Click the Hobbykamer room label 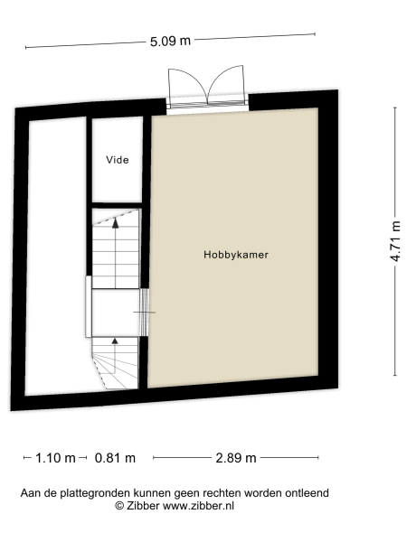click(236, 256)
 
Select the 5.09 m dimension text click(170, 40)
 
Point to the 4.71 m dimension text click(394, 241)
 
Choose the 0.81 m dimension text click(115, 458)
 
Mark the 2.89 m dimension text click(235, 458)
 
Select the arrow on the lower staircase click(115, 343)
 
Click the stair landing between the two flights click(116, 312)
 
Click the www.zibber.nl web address click(198, 507)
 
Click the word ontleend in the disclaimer click(305, 492)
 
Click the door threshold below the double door click(206, 105)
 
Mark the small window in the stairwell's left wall click(89, 306)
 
